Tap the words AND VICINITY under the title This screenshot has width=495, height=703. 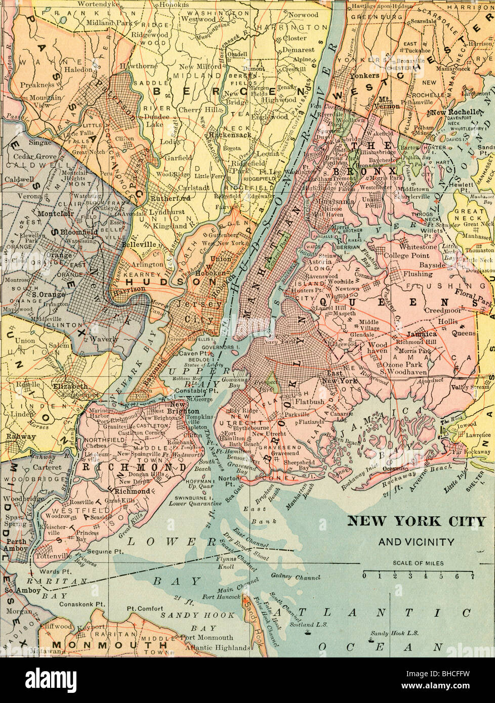click(416, 542)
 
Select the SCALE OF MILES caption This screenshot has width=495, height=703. click(418, 563)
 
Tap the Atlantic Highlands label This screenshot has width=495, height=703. click(217, 647)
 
